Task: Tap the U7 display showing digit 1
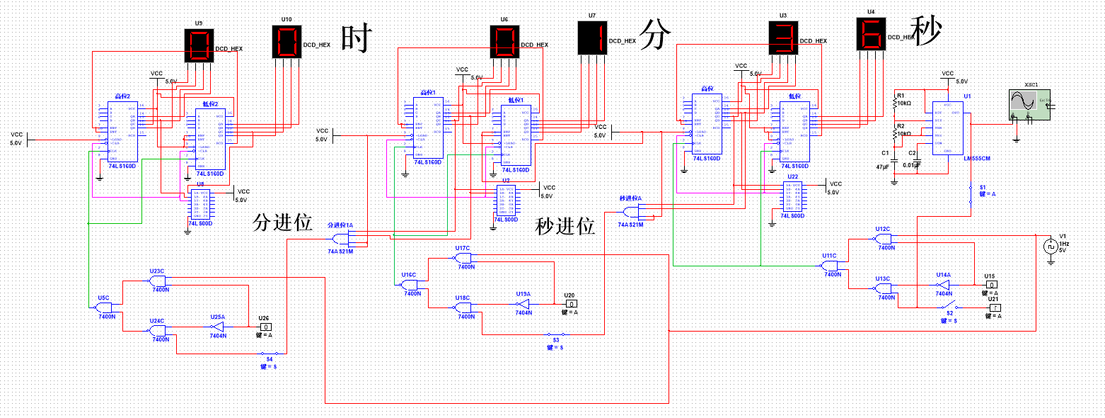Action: pyautogui.click(x=591, y=37)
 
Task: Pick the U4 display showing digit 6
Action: pyautogui.click(x=871, y=33)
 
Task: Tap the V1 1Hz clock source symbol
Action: pyautogui.click(x=1051, y=247)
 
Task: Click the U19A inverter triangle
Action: pyautogui.click(x=522, y=304)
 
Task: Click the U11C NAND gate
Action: pyautogui.click(x=829, y=265)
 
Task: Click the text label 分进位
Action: pyautogui.click(x=282, y=223)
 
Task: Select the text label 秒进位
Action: pyautogui.click(x=565, y=226)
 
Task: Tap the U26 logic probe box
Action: pyautogui.click(x=264, y=327)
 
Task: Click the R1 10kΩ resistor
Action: pyautogui.click(x=896, y=102)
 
